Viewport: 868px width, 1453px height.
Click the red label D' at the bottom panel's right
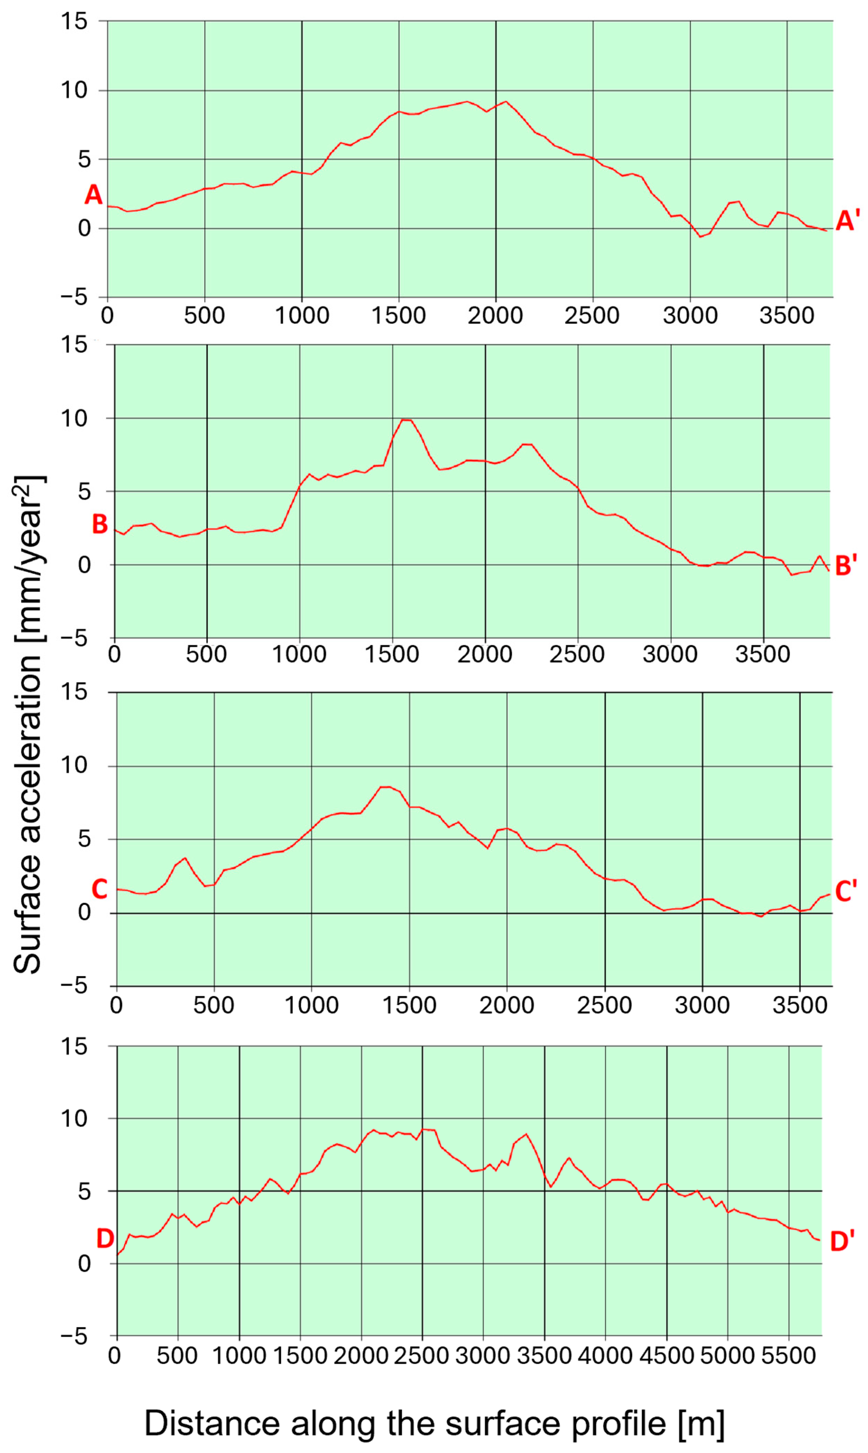(x=842, y=1241)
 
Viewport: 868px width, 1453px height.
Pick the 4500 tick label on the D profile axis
(x=666, y=1355)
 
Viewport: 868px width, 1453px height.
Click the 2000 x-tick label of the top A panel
(x=496, y=316)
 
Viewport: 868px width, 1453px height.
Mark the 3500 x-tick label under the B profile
(x=763, y=654)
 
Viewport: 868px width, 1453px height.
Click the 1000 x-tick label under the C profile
(x=311, y=1005)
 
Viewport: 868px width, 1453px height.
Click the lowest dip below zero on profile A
(x=700, y=236)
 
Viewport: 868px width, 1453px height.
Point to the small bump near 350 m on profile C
(x=185, y=858)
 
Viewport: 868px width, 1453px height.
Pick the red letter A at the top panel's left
(x=94, y=195)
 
